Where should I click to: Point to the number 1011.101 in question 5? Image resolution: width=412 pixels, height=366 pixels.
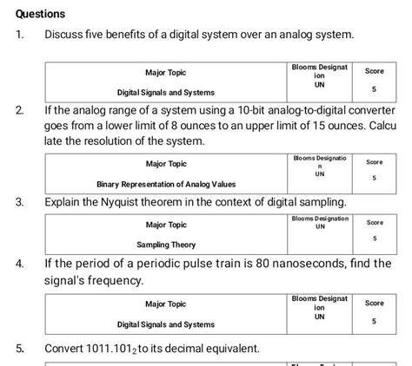tap(124, 349)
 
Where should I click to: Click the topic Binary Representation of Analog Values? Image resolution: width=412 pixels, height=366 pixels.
tap(166, 184)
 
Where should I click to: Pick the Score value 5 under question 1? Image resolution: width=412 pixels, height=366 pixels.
tap(374, 89)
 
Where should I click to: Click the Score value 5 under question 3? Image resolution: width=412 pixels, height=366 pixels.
tap(374, 238)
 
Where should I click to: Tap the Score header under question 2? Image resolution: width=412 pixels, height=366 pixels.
tap(374, 162)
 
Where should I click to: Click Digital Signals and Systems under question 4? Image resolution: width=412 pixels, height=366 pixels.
tap(166, 324)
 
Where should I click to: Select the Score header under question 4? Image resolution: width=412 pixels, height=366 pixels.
tap(374, 304)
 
